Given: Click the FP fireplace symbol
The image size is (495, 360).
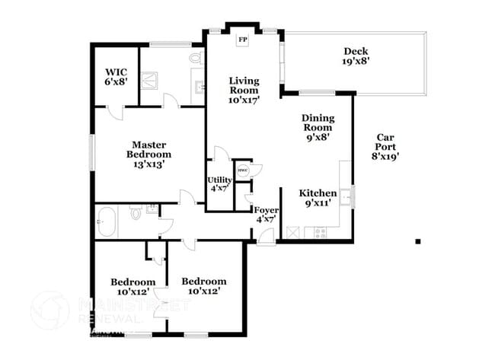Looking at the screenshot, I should tap(244, 40).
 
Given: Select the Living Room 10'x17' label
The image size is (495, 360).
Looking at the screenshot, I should tap(244, 90).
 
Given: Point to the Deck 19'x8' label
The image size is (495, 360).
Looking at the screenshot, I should tap(356, 56).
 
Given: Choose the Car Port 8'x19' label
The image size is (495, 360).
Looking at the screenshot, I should tap(386, 147).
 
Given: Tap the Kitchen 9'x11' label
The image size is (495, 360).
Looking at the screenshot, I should tap(318, 198).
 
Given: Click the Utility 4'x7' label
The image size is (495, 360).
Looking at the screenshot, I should tap(220, 183).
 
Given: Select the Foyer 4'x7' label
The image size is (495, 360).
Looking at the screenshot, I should tap(266, 214).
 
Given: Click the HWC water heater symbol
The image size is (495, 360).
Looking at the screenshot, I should tap(242, 170).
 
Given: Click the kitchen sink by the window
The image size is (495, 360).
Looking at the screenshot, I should tap(346, 197).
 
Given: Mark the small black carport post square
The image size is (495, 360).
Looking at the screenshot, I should tap(417, 241).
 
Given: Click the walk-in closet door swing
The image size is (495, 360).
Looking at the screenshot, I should tap(115, 113).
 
